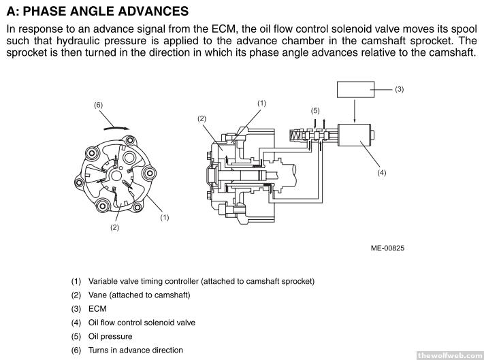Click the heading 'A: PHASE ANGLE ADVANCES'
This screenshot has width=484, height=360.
point(97,12)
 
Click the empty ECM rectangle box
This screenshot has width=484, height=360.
point(355,89)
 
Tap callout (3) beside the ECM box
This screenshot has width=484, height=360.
point(400,89)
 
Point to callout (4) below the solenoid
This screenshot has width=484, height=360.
point(382,173)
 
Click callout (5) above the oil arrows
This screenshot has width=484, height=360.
point(315,111)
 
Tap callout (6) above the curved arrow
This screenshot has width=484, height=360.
point(98,105)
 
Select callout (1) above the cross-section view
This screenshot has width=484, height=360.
point(261,102)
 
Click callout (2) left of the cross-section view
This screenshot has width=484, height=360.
point(201,118)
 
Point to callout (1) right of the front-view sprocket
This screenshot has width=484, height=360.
point(164,217)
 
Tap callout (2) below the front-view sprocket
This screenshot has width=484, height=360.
point(115,227)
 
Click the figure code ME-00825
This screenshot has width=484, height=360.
point(387,248)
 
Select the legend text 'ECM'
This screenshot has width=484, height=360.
point(97,308)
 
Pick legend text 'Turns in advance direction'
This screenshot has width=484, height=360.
point(135,350)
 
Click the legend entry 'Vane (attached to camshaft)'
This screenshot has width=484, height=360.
point(139,295)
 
